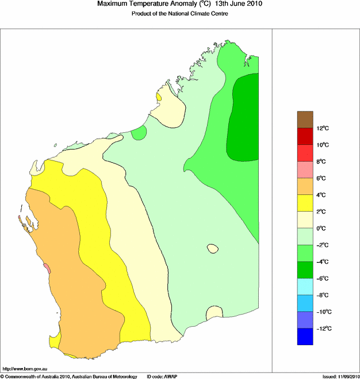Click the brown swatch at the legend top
coord(305,119)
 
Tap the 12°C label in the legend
coord(323,128)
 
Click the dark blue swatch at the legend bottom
coord(305,337)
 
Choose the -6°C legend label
coord(323,278)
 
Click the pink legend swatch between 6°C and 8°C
coord(305,170)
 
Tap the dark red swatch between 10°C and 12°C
coord(305,136)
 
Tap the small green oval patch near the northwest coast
coord(139,133)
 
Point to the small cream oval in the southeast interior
coord(213,248)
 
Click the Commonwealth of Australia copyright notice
coord(68,376)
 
